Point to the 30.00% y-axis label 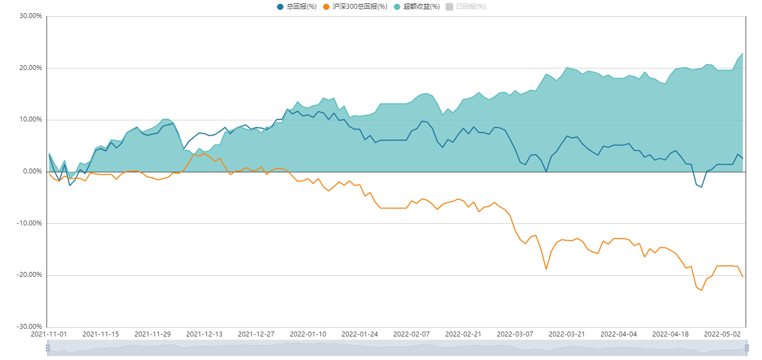tap(31, 16)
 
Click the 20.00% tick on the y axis tap(31, 68)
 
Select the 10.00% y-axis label tap(31, 119)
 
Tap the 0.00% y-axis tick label tap(32, 171)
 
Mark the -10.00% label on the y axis tap(30, 223)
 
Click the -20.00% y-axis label tap(30, 275)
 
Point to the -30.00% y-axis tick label tap(30, 327)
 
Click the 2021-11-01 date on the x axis tap(49, 334)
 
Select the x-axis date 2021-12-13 tap(204, 334)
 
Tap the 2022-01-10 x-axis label tap(308, 334)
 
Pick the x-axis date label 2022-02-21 tap(463, 334)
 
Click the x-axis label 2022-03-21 tap(567, 334)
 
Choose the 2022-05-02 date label tap(722, 334)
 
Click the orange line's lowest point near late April tap(701, 290)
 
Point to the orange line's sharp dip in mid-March tap(546, 269)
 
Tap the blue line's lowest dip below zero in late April tap(701, 187)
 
